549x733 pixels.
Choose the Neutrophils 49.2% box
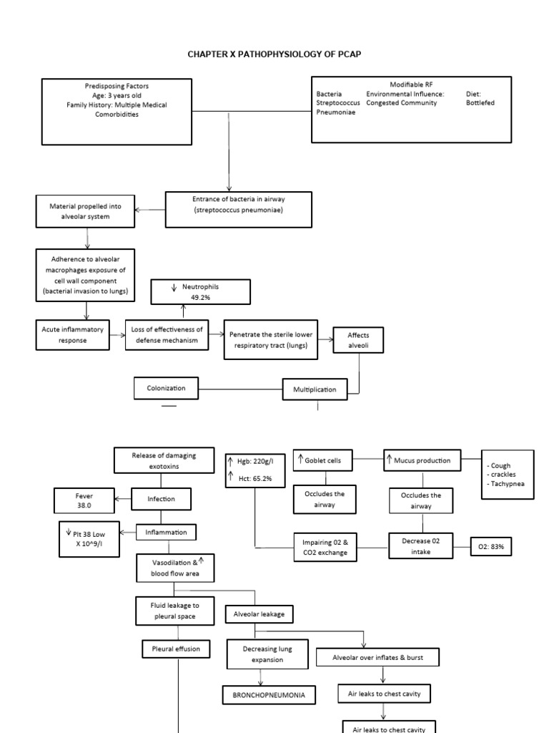click(200, 291)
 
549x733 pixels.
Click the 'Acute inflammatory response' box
click(73, 334)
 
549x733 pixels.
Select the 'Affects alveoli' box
click(358, 339)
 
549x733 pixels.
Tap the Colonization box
click(166, 388)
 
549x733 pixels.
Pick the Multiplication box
click(315, 390)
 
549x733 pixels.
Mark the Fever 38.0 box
click(84, 499)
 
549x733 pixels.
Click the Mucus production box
click(422, 460)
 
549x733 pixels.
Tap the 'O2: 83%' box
click(491, 547)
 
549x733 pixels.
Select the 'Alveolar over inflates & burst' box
click(383, 656)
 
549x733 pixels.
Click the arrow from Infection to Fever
click(122, 499)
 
